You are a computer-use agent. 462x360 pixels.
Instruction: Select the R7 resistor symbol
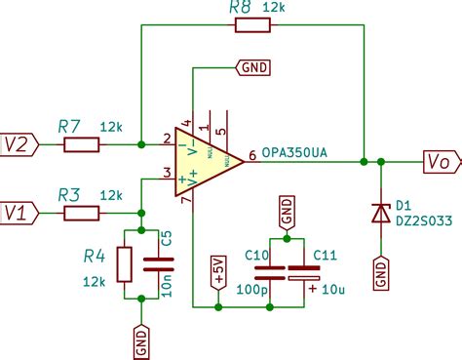[x=81, y=145]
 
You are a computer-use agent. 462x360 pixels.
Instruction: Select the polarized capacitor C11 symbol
[x=304, y=272]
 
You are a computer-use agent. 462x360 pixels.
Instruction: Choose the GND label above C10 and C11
[x=287, y=210]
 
